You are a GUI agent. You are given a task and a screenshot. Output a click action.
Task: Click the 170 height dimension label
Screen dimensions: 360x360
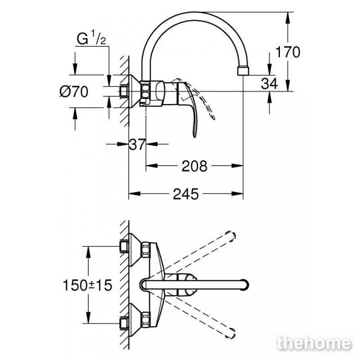[x=288, y=52]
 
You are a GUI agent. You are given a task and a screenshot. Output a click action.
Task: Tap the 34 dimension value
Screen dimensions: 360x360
[x=269, y=83]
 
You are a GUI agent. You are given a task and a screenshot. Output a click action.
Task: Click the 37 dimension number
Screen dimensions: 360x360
[x=137, y=144]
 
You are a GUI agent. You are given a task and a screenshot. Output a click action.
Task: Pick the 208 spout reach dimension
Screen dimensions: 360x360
[x=194, y=166]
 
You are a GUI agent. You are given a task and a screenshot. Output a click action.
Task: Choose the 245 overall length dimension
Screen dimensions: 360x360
[x=185, y=194]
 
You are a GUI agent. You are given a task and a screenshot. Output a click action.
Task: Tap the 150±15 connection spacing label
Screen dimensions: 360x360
[x=87, y=285]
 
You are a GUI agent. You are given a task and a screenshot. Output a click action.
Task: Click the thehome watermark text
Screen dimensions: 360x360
[x=314, y=343]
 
